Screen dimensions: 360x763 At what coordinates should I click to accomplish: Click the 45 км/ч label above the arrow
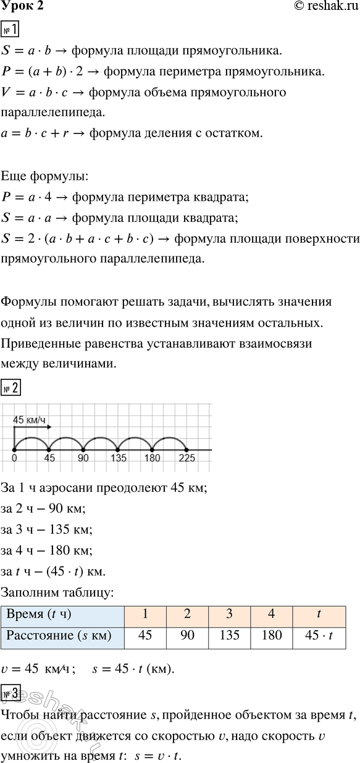click(x=30, y=421)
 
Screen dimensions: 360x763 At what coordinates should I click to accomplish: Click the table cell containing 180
click(x=272, y=634)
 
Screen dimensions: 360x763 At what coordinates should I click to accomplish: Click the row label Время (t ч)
click(x=38, y=614)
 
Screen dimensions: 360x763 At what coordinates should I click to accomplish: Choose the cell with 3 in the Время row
click(x=230, y=614)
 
